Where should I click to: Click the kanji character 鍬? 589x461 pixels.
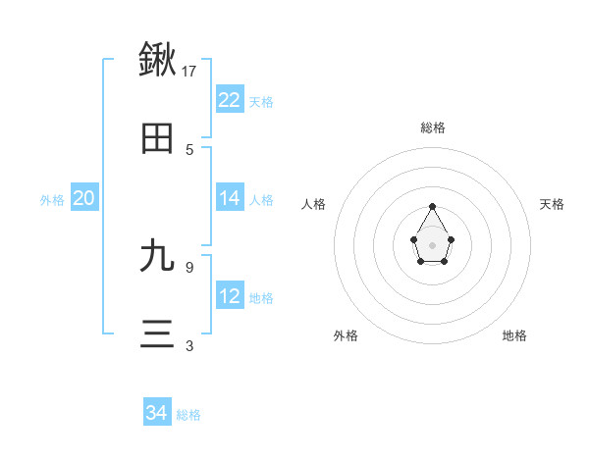(157, 59)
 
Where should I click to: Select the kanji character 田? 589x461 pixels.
(157, 139)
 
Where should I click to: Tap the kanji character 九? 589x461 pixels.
(157, 256)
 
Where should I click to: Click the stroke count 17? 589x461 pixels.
(189, 71)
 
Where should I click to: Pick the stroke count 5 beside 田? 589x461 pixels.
(189, 149)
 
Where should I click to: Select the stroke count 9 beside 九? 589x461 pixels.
(189, 266)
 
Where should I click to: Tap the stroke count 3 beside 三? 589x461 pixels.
(189, 345)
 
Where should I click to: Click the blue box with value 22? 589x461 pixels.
(230, 100)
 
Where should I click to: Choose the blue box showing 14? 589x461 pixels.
(230, 198)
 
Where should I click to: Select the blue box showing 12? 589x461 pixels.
(230, 296)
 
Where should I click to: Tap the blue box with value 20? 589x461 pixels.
(84, 198)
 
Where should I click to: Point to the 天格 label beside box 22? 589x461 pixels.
(261, 102)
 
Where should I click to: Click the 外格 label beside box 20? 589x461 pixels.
(52, 200)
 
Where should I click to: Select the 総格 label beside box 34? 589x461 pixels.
(188, 415)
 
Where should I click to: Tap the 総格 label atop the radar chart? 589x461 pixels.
(433, 128)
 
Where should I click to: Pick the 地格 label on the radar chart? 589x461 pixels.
(514, 335)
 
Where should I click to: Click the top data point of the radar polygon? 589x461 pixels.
(432, 207)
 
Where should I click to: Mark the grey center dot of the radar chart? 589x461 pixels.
(432, 244)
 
